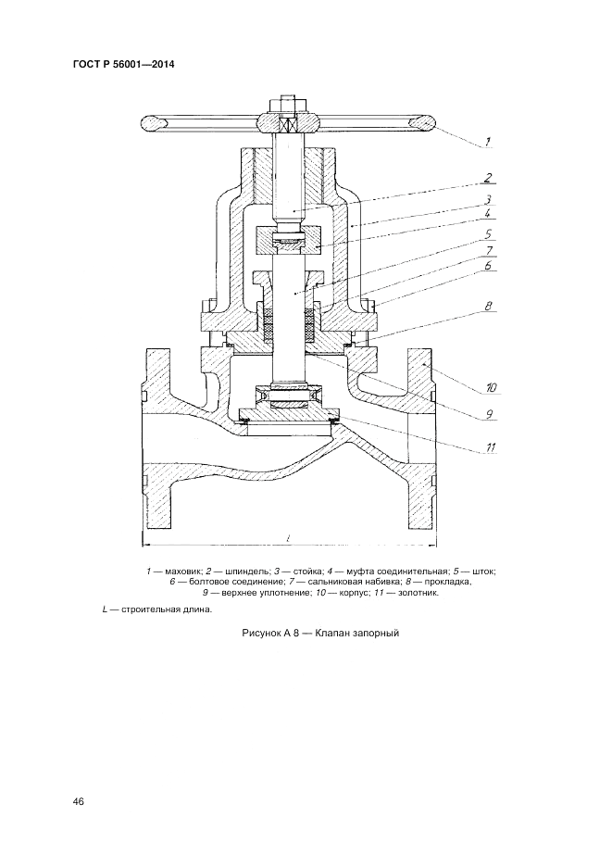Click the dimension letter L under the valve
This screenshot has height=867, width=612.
(289, 537)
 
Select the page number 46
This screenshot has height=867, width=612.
(77, 801)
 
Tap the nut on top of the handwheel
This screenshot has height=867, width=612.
(285, 100)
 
